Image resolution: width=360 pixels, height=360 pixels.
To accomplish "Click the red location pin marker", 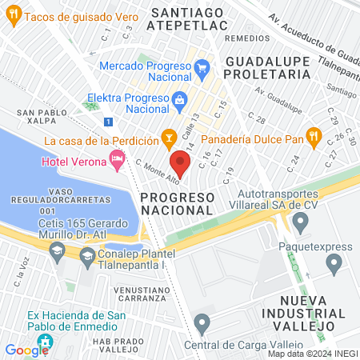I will [181, 164].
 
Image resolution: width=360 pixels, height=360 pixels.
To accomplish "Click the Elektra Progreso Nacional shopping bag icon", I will [178, 100].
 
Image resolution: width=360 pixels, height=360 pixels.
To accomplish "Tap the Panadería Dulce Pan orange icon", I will [314, 138].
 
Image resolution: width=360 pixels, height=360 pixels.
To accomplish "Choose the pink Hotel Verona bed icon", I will [118, 161].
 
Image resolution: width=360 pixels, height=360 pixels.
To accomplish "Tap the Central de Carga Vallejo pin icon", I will [202, 323].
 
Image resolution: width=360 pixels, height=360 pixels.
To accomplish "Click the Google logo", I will [26, 350].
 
